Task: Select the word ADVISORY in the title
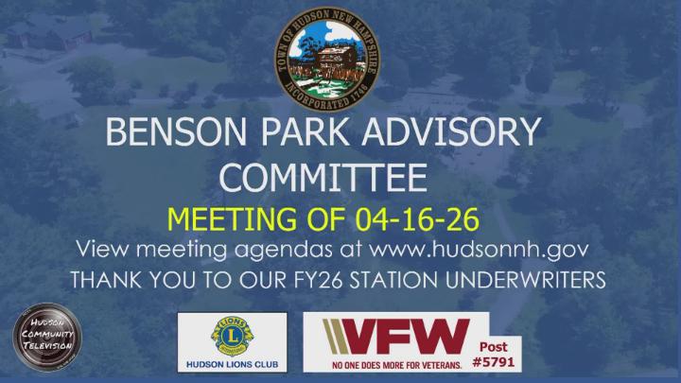(466, 132)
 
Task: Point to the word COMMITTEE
(323, 176)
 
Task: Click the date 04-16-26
(418, 219)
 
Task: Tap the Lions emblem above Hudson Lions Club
(232, 335)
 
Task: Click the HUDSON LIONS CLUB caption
(233, 364)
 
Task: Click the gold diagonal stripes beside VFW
(335, 336)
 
